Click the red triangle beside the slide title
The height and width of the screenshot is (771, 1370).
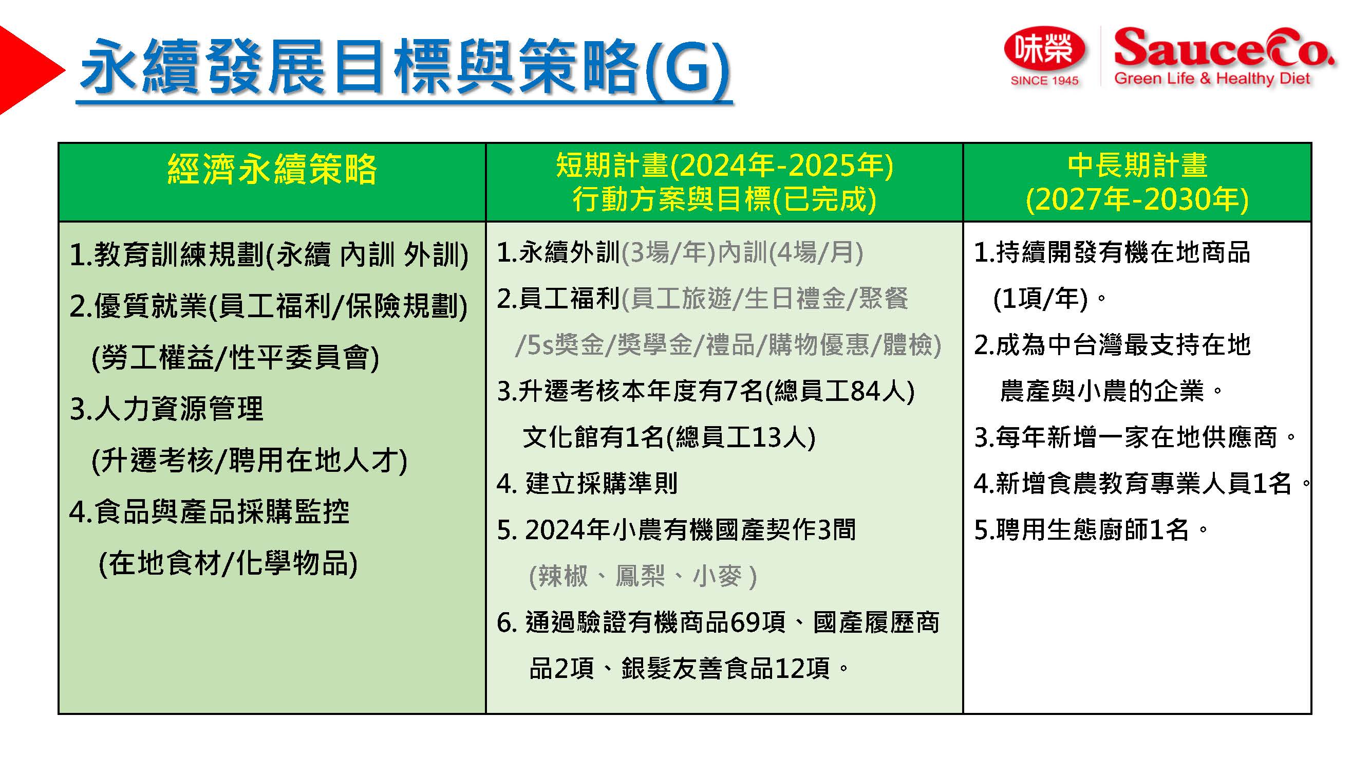27,70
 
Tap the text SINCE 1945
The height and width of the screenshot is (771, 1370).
1044,81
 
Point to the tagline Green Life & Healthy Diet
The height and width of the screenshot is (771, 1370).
1212,79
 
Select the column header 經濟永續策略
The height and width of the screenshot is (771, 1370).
272,170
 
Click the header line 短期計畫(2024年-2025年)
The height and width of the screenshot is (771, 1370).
724,165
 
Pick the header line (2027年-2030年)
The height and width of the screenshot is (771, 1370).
1137,199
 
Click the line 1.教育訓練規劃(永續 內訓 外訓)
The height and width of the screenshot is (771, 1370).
269,254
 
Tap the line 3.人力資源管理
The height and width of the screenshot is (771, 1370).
166,409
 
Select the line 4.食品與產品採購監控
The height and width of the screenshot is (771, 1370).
210,512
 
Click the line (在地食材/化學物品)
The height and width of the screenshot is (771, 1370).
228,563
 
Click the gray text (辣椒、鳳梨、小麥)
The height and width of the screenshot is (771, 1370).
643,576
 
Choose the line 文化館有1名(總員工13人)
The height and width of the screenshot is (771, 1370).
669,437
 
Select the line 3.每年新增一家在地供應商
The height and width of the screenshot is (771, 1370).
1134,437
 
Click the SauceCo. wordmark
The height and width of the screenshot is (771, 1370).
1223,47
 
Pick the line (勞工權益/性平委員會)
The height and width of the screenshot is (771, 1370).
235,357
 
